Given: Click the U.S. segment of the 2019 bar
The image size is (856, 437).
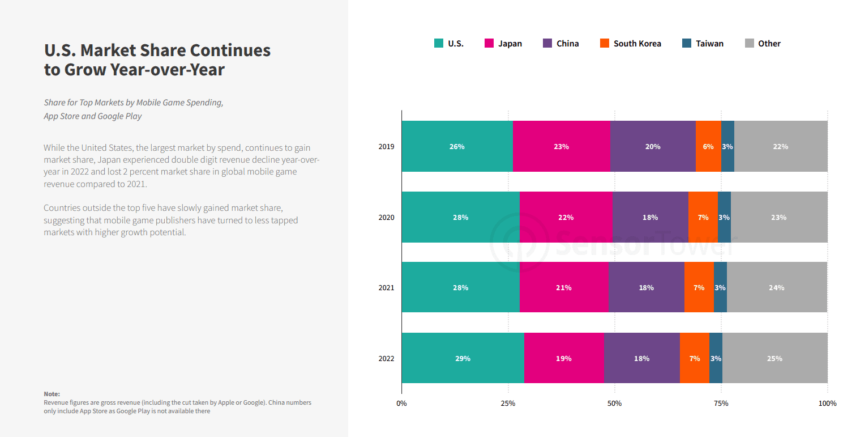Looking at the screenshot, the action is click(x=457, y=146).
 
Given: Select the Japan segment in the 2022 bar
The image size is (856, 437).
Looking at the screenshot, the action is click(x=564, y=358).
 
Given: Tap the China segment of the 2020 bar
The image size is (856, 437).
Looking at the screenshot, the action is click(x=650, y=217).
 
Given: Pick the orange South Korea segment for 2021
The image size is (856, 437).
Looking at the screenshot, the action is click(x=699, y=287).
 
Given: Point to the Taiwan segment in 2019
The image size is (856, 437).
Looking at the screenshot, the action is click(x=727, y=146).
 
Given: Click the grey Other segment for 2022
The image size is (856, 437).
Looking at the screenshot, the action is click(x=775, y=358).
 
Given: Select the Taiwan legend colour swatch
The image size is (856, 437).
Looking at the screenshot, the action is click(x=687, y=43).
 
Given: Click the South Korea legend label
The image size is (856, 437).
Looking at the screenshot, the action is click(x=637, y=44).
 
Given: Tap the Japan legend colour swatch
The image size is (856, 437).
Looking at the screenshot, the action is click(x=489, y=43).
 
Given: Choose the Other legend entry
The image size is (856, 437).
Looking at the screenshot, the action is click(x=763, y=43).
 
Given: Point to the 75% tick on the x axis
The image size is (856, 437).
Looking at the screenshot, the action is click(x=721, y=404).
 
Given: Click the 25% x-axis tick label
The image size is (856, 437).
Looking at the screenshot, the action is click(x=508, y=404).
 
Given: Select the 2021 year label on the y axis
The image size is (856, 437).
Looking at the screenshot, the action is click(x=386, y=288).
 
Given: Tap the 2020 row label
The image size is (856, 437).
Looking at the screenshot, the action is click(x=386, y=217).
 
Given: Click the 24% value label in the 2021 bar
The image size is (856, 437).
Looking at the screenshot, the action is click(x=777, y=288).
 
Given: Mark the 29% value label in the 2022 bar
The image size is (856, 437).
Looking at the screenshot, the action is click(x=463, y=359).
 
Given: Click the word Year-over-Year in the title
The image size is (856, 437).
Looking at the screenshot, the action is click(x=168, y=70).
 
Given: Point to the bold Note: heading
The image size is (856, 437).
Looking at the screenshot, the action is click(x=52, y=394).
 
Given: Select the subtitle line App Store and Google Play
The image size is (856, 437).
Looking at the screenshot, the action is click(x=93, y=116).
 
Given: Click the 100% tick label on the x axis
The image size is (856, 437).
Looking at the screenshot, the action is click(x=827, y=404).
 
